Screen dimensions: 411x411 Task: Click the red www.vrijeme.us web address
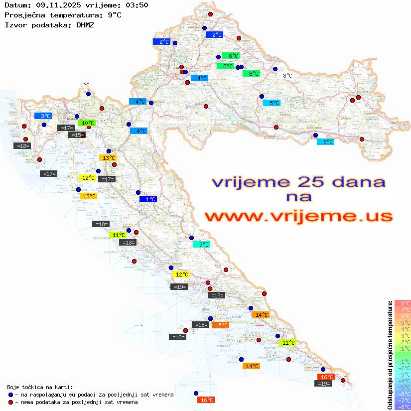pos(298,216)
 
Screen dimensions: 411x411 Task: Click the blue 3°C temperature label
pos(43,116)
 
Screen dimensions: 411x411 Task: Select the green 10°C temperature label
pos(87,123)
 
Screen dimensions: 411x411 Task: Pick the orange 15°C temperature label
pos(220,325)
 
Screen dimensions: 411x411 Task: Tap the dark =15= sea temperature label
pos(77,135)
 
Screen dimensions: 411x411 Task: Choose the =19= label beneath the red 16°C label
pos(324,383)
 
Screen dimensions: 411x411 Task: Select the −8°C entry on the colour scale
pos(402,407)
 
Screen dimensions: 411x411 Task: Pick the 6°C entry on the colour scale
pos(402,316)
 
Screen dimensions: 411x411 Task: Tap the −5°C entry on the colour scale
pos(402,387)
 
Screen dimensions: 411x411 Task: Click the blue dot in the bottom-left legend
pos(10,395)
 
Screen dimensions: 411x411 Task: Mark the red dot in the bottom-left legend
pos(10,402)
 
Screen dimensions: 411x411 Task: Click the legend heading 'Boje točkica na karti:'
pos(40,387)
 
